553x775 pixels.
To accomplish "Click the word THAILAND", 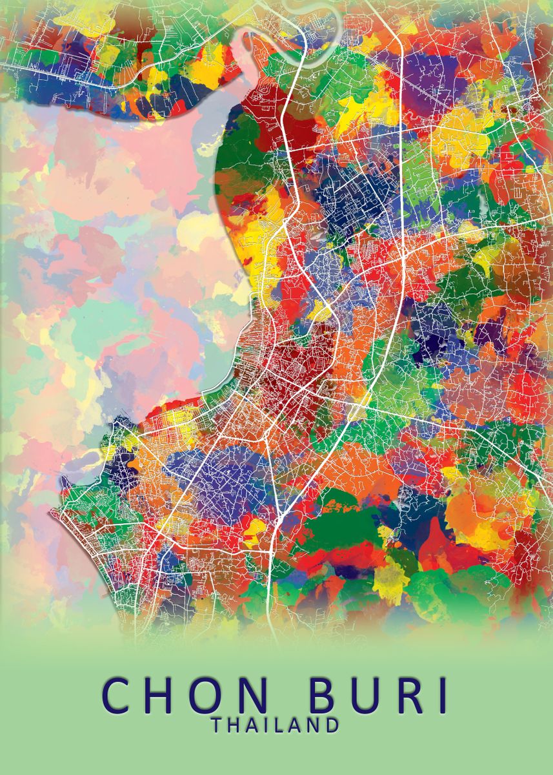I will tap(276, 725).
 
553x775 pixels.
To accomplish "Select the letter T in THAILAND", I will tap(216, 725).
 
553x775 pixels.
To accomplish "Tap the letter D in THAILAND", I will tap(332, 725).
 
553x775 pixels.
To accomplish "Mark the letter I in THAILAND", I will tap(266, 725).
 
